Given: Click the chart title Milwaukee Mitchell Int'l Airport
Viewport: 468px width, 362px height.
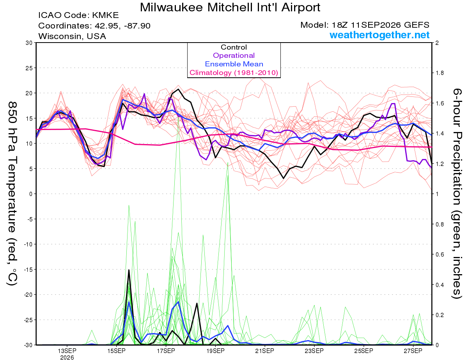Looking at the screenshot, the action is [230, 7].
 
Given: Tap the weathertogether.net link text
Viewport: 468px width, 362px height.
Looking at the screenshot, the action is [379, 35].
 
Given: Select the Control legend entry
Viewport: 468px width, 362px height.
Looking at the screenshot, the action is [234, 47].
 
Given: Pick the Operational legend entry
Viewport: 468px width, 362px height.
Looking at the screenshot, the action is [234, 55].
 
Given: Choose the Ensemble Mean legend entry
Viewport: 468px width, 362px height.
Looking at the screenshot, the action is [234, 64].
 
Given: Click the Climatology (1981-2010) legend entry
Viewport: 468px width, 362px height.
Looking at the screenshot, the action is [234, 73].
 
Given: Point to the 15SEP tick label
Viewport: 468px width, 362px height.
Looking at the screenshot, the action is [116, 351].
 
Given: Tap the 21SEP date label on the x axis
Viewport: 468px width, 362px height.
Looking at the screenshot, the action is [265, 351].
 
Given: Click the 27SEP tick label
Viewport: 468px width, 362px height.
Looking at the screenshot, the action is [413, 351].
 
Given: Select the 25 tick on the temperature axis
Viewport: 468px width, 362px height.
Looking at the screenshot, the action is [29, 68].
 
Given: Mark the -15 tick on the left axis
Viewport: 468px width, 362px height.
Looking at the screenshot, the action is [28, 269].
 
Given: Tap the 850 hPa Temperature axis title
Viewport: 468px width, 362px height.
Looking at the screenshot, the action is [12, 194].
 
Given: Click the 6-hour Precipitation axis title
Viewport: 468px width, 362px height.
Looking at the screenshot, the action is [457, 194].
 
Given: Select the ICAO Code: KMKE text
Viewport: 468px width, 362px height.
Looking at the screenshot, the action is [79, 15].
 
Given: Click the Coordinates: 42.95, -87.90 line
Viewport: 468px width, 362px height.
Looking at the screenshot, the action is [94, 26].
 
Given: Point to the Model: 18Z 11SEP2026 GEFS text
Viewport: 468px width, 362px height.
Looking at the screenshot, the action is [365, 25].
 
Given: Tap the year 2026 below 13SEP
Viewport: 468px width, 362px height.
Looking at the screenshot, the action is [67, 358].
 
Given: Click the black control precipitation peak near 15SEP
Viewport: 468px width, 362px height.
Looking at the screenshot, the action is [129, 270].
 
